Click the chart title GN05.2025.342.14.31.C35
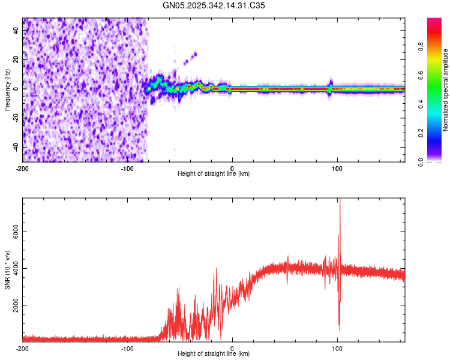coord(214,5)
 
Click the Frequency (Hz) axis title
coord(7,89)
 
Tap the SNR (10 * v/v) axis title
coord(7,270)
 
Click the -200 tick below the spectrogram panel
coord(23,167)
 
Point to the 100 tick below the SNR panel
coord(337,348)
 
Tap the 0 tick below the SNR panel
coord(232,348)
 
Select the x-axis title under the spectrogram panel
coord(214,174)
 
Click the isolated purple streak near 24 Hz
coord(191,56)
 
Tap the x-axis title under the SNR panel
coord(214,354)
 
